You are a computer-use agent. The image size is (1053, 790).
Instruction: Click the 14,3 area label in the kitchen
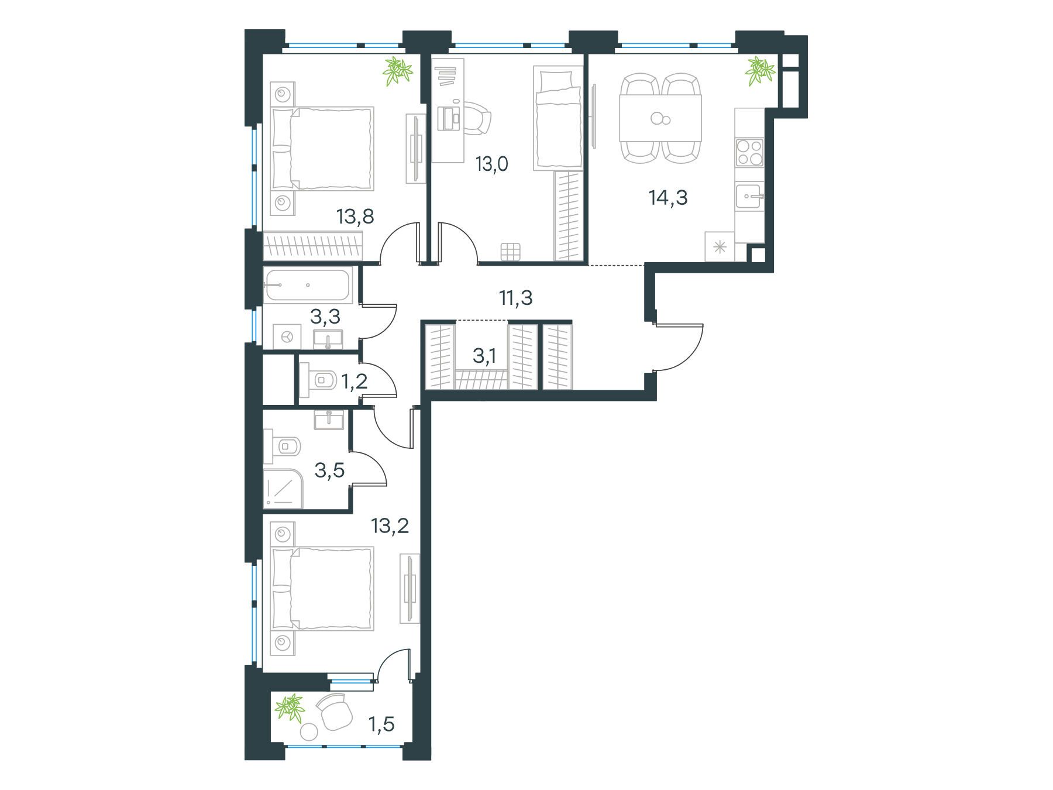668,198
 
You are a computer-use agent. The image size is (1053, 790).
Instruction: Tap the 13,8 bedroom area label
355,217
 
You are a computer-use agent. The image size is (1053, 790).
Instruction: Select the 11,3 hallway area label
515,298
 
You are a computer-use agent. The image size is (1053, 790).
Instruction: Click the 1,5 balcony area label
381,724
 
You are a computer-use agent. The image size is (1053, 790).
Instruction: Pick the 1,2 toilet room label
355,382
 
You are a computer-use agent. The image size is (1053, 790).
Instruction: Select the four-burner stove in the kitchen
750,153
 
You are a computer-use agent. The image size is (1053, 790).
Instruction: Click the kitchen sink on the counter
750,196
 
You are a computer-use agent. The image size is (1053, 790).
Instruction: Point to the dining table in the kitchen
660,118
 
